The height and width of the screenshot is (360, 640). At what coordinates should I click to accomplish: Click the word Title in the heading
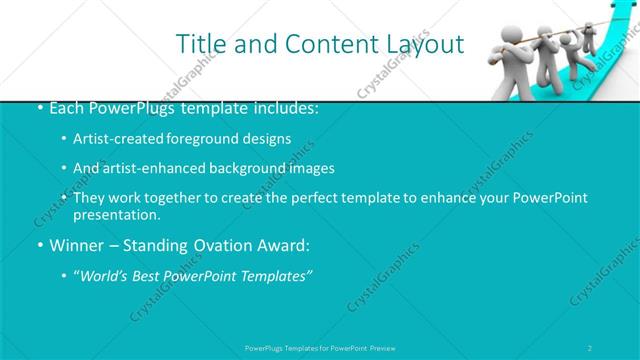coord(198,44)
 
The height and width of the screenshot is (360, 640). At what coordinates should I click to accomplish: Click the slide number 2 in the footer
coord(590,347)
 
